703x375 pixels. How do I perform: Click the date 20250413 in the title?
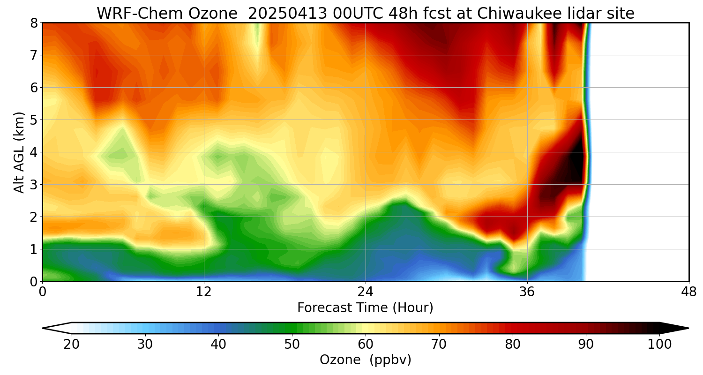point(286,14)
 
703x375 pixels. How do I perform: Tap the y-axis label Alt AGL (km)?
point(19,152)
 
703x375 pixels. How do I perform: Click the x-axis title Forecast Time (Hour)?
point(365,308)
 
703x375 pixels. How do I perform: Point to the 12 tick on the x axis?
point(204,291)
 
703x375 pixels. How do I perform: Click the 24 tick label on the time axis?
point(365,291)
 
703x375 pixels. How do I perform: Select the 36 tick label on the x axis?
point(527,291)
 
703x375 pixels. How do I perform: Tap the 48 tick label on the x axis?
point(688,291)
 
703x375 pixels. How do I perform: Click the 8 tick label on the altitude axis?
point(34,23)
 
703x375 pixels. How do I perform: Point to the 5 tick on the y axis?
point(34,120)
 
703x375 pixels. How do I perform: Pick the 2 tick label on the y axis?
point(34,217)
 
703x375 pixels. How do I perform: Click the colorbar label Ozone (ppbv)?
point(365,360)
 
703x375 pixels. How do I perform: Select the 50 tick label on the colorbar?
point(292,345)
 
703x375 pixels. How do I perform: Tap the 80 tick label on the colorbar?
point(513,345)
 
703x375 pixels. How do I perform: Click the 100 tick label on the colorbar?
point(659,345)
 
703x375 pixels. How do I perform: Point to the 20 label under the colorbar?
point(71,345)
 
